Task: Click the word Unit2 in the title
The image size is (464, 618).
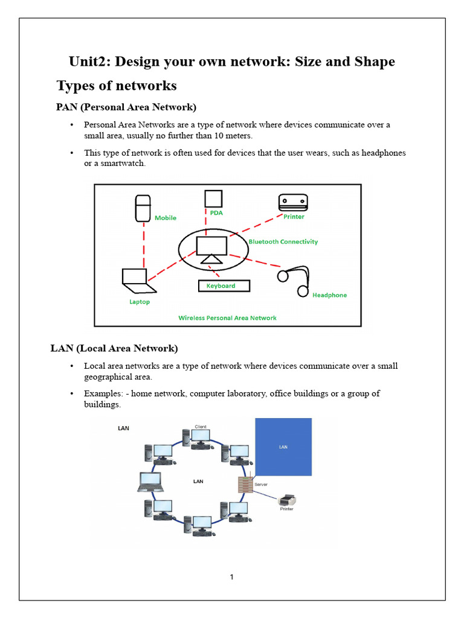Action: click(x=89, y=62)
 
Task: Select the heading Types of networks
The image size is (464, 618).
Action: click(x=116, y=86)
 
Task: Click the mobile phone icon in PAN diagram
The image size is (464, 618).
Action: click(x=143, y=208)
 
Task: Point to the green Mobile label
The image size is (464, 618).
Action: click(x=166, y=218)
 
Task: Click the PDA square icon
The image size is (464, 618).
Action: click(x=213, y=199)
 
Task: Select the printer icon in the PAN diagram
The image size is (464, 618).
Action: click(x=293, y=202)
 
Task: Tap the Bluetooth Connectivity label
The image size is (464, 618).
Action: click(x=283, y=241)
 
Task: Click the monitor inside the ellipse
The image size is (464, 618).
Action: click(x=211, y=247)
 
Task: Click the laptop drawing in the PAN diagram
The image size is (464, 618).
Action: click(x=135, y=278)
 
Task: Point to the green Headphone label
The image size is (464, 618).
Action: click(x=329, y=295)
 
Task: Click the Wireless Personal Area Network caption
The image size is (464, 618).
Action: click(x=227, y=318)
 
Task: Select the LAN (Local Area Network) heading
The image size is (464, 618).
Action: click(x=114, y=348)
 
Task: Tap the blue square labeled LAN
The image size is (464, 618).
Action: click(x=283, y=447)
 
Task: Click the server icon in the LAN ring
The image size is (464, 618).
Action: click(x=245, y=483)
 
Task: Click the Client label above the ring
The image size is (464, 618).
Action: click(x=201, y=427)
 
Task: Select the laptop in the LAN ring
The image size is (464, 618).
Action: click(x=150, y=481)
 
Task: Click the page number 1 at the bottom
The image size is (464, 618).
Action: click(x=231, y=577)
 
